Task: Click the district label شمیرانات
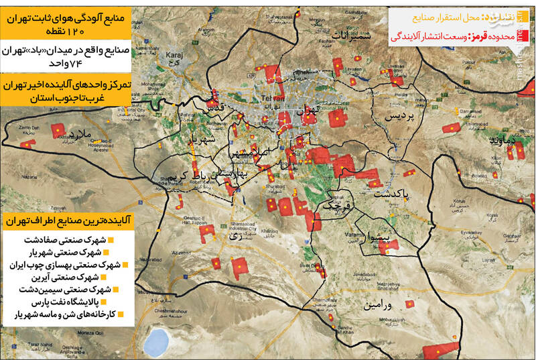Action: [x=342, y=35]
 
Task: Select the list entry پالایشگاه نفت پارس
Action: [x=69, y=302]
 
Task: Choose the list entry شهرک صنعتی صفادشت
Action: [x=65, y=239]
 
